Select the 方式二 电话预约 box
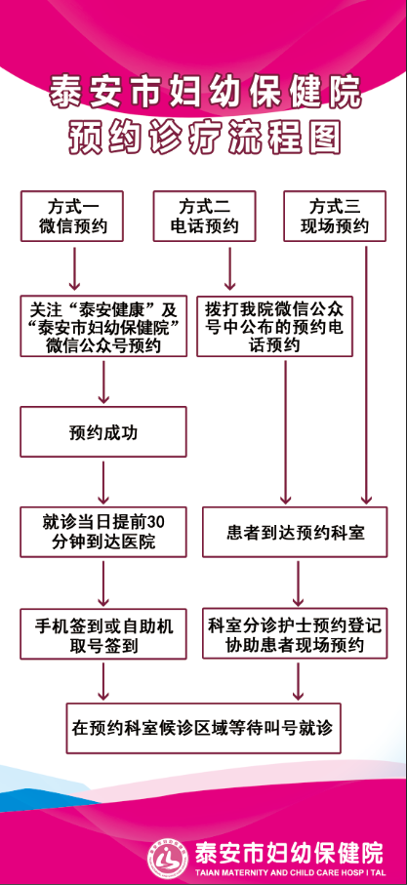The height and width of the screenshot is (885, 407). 204,217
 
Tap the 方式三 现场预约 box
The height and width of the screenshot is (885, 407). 335,217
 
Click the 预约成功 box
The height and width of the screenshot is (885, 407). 103,432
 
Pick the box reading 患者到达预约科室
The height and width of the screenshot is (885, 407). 295,532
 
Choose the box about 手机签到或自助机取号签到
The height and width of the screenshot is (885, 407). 103,634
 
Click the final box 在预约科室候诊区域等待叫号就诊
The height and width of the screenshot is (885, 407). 203,728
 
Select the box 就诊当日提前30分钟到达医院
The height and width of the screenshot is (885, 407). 103,532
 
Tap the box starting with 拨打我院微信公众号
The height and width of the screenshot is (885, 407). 275,326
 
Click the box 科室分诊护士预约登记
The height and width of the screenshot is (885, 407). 295,634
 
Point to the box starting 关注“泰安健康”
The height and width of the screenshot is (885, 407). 103,326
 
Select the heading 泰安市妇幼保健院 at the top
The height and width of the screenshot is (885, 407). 205,92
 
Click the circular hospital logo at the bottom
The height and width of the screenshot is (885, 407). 168,856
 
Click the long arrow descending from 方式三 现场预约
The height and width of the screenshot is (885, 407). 366,374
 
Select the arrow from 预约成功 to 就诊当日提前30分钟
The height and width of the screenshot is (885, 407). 103,482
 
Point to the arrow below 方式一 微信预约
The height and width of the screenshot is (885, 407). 74,268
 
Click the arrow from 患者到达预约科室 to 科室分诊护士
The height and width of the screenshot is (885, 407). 298,583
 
